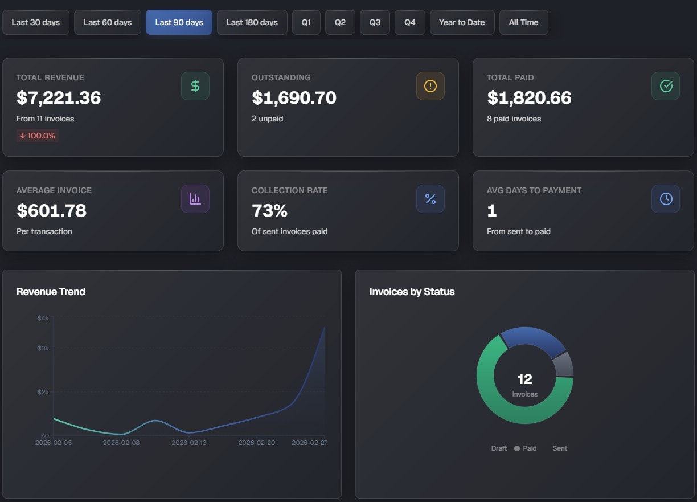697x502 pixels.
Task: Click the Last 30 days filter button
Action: [x=35, y=22]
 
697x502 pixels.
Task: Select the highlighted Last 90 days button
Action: [x=179, y=22]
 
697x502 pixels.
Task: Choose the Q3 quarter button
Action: [x=375, y=22]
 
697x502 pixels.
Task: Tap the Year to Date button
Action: [x=462, y=22]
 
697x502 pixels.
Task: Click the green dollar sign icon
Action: [x=195, y=86]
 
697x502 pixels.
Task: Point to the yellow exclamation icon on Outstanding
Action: [x=430, y=86]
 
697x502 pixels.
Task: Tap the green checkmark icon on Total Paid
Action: [x=666, y=86]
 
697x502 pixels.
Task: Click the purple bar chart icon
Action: [x=195, y=199]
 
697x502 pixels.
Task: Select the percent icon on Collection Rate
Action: [x=430, y=199]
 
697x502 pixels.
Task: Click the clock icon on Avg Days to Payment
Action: [x=666, y=199]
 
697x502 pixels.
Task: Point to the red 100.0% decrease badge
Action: [x=38, y=136]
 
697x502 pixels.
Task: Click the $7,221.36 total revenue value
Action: [x=59, y=98]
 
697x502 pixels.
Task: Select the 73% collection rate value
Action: [x=269, y=211]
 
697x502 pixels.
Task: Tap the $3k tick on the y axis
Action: [x=43, y=348]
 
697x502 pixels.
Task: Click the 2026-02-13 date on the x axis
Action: [x=189, y=443]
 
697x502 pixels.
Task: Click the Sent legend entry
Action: [x=559, y=448]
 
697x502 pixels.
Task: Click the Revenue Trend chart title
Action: [x=51, y=292]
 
